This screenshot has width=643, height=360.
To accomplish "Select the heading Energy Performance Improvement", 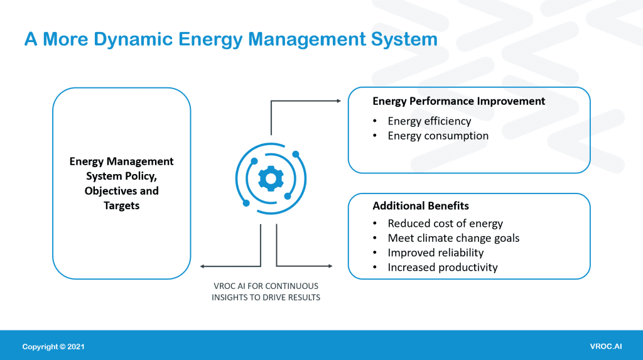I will [458, 101].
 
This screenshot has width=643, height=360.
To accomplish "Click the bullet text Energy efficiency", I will [429, 121].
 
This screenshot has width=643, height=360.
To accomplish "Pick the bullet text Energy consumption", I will [438, 136].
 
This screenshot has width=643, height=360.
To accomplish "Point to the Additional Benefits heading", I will [420, 206].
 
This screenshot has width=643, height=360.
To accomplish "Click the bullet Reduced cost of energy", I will [445, 224].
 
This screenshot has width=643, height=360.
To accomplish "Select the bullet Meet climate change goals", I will [453, 238].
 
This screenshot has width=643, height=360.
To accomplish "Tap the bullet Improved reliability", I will [435, 253].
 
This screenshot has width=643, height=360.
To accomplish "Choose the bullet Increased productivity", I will [442, 267].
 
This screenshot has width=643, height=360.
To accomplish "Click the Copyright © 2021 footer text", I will [53, 347].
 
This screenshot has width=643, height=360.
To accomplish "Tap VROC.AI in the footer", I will [606, 347].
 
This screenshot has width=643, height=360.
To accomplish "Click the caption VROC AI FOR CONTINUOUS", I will [266, 286].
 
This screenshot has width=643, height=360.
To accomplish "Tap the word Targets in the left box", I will [121, 205].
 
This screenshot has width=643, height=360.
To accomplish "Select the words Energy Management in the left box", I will [121, 161].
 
